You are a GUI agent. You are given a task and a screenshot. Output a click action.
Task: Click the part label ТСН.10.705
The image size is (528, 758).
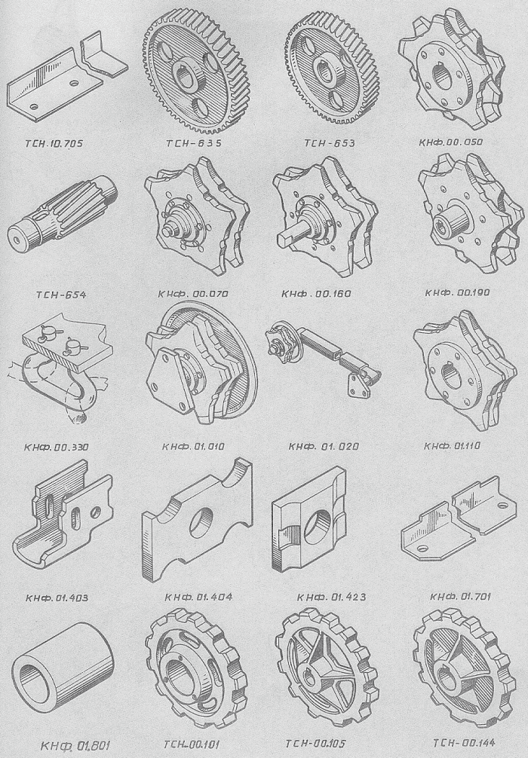coord(54,144)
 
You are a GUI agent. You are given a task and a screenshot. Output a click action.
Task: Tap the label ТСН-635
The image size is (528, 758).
coord(194,143)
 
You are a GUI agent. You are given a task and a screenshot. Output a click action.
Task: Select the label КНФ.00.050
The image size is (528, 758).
coord(450,142)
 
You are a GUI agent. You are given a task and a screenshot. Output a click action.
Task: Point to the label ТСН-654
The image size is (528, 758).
coord(61,295)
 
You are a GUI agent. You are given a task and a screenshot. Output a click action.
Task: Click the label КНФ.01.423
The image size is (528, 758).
coord(332,597)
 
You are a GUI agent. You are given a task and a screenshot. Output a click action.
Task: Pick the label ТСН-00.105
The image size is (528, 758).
coord(315,743)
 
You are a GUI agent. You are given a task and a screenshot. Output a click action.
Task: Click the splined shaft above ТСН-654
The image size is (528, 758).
coord(63,209)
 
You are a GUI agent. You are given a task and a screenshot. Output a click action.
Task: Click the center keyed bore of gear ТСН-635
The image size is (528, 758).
coord(190,78)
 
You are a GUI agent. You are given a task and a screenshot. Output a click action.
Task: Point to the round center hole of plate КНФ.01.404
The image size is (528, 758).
coord(202,523)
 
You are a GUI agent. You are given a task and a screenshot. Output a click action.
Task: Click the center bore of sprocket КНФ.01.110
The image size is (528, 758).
coord(452,375)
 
